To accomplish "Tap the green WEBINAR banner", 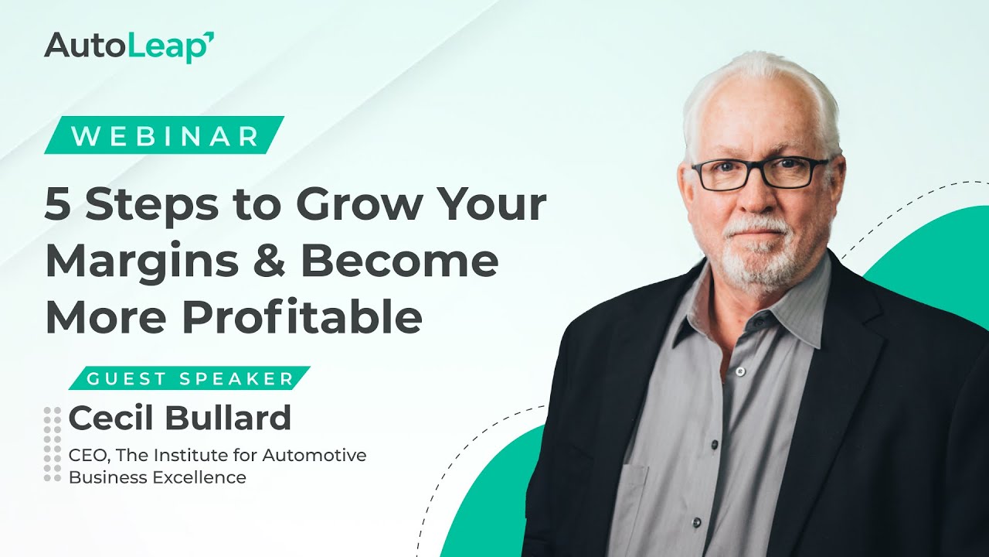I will [165, 136].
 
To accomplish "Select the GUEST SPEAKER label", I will [190, 379].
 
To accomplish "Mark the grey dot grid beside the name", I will [52, 445].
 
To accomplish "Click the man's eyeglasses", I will [760, 173].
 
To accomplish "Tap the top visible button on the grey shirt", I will [739, 372].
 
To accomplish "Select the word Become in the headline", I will [400, 261].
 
